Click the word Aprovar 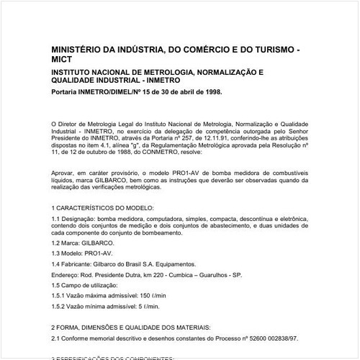click(65, 175)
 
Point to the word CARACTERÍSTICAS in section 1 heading click(90, 218)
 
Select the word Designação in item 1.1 click(84, 228)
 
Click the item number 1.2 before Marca click(57, 254)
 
